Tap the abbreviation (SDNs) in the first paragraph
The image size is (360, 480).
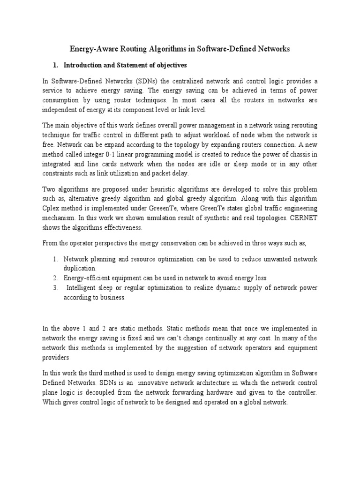(136, 80)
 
